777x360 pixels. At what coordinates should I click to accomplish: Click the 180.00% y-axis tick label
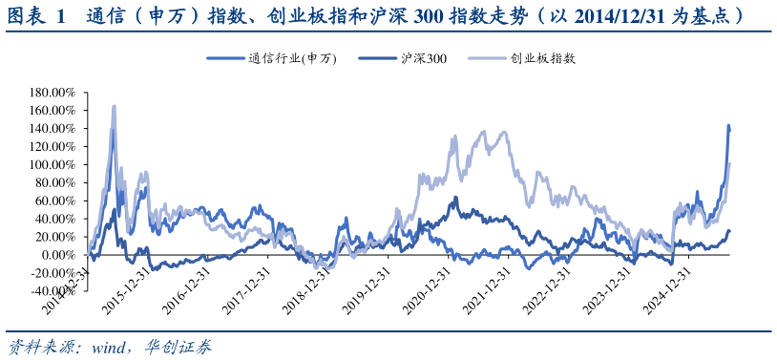pos(52,93)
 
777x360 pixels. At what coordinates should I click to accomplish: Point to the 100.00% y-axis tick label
pos(52,164)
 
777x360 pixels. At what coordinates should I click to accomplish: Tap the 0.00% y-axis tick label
pos(57,255)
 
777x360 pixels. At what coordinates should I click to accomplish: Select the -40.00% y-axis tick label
pos(52,291)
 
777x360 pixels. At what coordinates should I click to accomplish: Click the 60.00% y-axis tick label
pos(55,201)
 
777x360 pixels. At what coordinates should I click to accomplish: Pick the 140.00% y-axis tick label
pos(52,129)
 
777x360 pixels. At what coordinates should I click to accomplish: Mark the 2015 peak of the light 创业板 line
pos(114,106)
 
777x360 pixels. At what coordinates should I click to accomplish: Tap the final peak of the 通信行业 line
pos(729,125)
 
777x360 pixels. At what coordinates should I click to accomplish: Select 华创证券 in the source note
pos(178,347)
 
